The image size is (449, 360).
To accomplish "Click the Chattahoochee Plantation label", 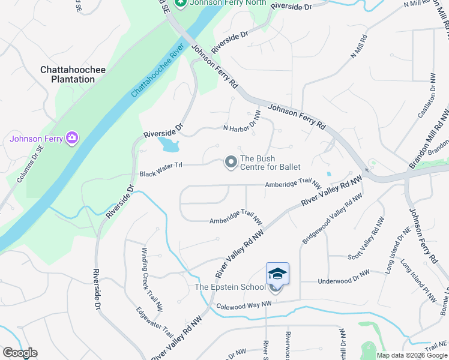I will point(73,74).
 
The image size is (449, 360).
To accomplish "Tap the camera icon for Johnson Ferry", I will point(72,139).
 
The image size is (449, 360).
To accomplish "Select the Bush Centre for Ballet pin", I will point(231,162).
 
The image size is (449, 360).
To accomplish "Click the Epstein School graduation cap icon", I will point(277,274).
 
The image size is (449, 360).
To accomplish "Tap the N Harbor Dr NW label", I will point(243,122).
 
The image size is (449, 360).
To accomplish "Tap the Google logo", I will point(20,353).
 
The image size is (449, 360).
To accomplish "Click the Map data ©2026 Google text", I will point(412,355).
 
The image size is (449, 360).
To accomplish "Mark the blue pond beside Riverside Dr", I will point(168,145).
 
